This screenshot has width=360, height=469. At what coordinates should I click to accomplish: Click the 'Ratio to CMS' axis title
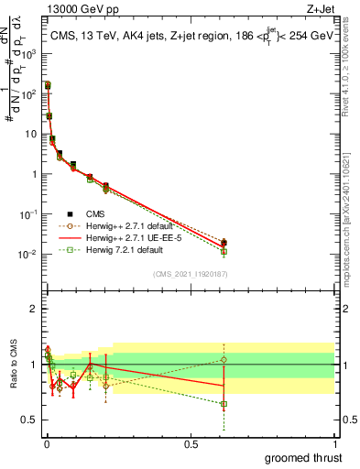click(x=14, y=364)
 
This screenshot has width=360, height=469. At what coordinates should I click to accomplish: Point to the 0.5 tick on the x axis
click(x=190, y=442)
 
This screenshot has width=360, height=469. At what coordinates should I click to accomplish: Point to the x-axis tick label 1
click(x=334, y=442)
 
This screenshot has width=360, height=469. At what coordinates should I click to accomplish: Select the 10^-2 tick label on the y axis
click(x=31, y=254)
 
